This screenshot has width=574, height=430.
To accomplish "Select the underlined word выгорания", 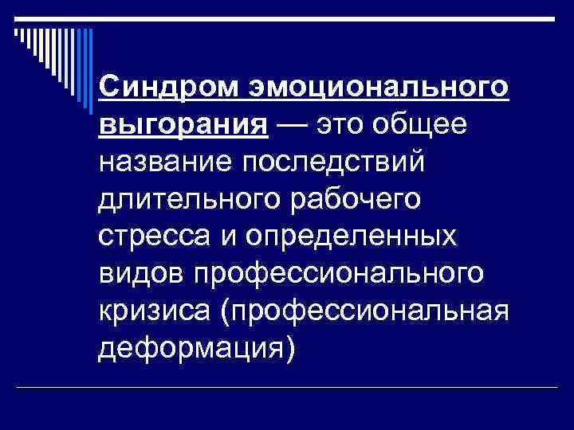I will point(183,125).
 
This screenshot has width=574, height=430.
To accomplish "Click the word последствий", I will point(340,164).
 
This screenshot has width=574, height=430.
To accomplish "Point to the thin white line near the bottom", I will point(287,386).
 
